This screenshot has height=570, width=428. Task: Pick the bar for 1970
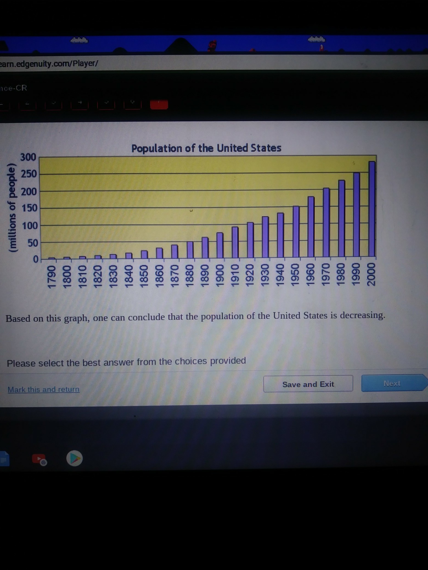tap(326, 223)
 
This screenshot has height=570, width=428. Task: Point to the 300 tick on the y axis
tap(28, 157)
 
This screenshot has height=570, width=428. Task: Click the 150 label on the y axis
tap(29, 208)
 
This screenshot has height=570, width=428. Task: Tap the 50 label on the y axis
tap(32, 243)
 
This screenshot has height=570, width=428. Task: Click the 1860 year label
tap(159, 276)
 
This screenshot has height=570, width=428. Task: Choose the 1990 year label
tap(356, 274)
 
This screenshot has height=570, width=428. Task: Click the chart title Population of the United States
tap(206, 148)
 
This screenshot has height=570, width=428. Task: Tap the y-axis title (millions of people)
tap(12, 208)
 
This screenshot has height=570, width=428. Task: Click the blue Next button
tap(392, 383)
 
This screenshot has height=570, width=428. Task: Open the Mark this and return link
tap(44, 389)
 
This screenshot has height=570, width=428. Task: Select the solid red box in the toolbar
tap(159, 104)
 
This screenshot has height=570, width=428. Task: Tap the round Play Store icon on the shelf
tap(74, 458)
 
